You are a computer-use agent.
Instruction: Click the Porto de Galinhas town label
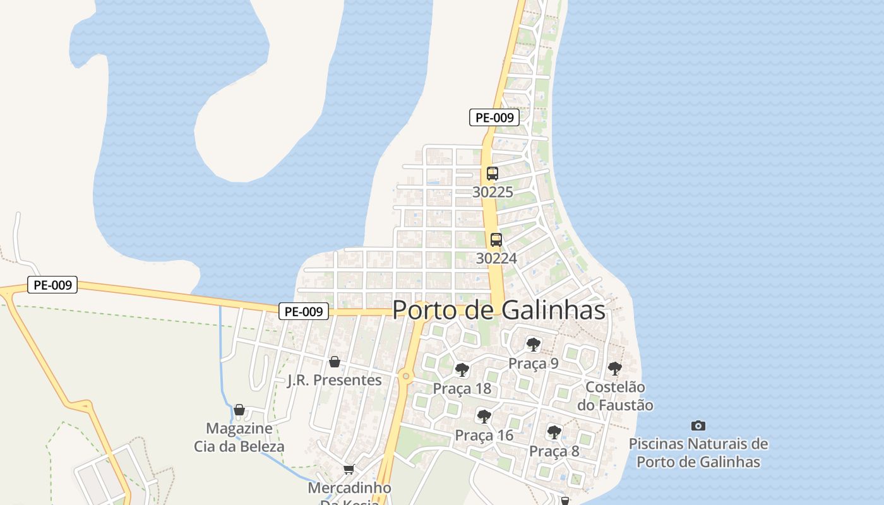pos(499,311)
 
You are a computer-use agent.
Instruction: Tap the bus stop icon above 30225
pos(493,174)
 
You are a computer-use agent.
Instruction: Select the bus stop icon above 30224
pos(496,240)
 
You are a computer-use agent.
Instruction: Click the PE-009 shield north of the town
pos(494,117)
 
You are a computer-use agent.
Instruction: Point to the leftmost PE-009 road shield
pos(52,285)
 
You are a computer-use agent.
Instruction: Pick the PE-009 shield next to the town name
pos(304,311)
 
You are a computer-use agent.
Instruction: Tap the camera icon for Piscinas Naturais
pos(698,425)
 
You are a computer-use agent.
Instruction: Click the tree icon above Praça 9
pos(534,345)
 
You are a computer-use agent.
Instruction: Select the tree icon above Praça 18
pos(462,370)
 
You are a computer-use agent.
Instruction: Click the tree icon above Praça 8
pos(554,432)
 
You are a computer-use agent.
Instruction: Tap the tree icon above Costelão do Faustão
pos(614,369)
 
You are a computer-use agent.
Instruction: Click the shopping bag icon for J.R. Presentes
pos(335,362)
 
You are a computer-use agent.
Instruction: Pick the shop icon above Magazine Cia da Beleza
pos(239,410)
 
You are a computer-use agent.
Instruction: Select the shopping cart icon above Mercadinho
pos(349,470)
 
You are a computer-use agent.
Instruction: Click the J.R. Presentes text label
pos(335,380)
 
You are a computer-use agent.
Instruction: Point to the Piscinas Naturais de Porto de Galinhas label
pos(698,453)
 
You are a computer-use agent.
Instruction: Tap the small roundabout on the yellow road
pos(406,377)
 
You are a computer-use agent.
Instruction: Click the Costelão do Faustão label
pos(615,396)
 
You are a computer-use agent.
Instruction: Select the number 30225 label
pos(493,192)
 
